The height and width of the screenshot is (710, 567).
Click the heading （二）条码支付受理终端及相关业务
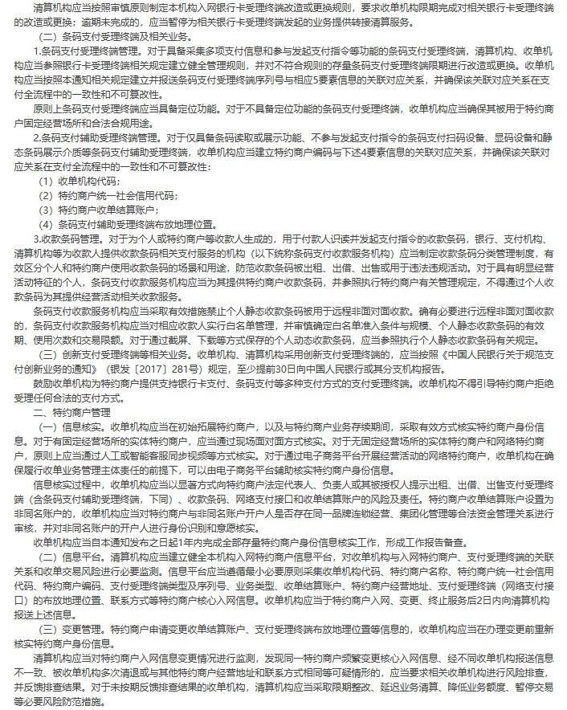coord(116,38)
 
